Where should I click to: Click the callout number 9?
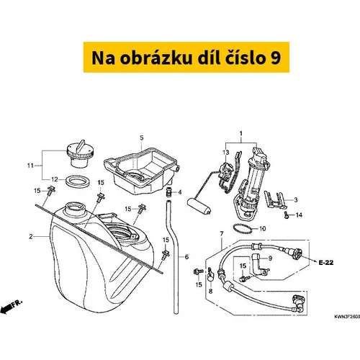pyautogui.click(x=270, y=258)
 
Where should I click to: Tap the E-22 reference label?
pyautogui.click(x=326, y=263)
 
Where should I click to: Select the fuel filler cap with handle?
pyautogui.click(x=80, y=154)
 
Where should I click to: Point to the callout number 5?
pyautogui.click(x=142, y=138)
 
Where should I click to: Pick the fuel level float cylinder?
pyautogui.click(x=199, y=207)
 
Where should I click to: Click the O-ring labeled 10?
pyautogui.click(x=243, y=229)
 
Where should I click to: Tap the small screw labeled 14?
pyautogui.click(x=286, y=215)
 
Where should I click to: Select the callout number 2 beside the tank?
pyautogui.click(x=31, y=237)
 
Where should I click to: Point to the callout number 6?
pyautogui.click(x=186, y=257)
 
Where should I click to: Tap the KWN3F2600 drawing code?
pyautogui.click(x=347, y=317)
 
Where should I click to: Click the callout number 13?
pyautogui.click(x=226, y=152)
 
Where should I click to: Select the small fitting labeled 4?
pyautogui.click(x=170, y=192)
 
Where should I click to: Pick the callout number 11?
pyautogui.click(x=30, y=166)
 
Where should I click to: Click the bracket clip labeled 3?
pyautogui.click(x=275, y=199)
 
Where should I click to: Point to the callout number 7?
pyautogui.click(x=222, y=233)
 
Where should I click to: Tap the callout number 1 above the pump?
pyautogui.click(x=240, y=133)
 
